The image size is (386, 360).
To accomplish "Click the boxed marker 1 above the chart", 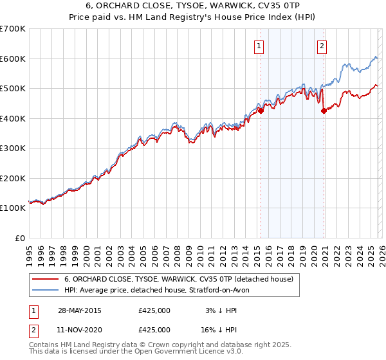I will [259, 46].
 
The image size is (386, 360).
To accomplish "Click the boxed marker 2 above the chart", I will [321, 46].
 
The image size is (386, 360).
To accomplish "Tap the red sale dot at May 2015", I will [261, 111].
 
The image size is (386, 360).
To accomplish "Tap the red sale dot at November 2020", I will [324, 111].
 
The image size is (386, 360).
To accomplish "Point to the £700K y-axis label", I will [13, 29].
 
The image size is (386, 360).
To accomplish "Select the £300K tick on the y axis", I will [13, 148].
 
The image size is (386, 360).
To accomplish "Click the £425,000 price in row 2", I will [154, 329].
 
